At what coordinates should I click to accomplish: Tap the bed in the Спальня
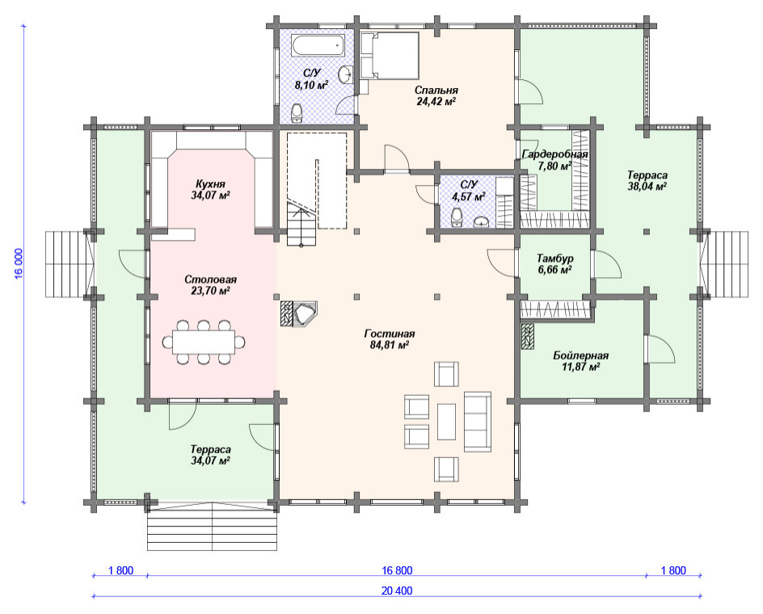pos(390,56)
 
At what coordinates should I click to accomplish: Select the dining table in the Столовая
pos(204,342)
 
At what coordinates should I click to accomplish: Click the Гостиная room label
pos(390,334)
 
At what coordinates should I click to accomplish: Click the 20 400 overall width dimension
pos(397,591)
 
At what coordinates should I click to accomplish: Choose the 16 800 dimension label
pos(397,570)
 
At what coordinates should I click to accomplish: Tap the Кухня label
pos(210,184)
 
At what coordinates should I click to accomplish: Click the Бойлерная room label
pos(580,355)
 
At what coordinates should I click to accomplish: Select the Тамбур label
pos(554,258)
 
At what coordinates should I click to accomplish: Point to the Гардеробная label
pos(554,155)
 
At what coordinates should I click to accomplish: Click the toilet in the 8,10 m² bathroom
pos(297,112)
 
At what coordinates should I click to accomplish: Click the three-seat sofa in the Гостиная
pos(478,422)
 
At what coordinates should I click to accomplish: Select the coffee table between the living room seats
pos(447,422)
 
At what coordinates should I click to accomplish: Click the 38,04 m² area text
pos(647,186)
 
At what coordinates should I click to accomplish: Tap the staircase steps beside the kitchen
pos(301,225)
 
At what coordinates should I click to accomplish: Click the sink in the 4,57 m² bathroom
pos(482,221)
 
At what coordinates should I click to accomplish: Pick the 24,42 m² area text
pos(436,101)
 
